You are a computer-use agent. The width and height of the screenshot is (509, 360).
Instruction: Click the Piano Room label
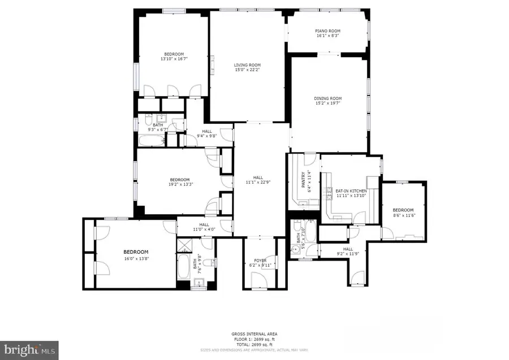coord(327,31)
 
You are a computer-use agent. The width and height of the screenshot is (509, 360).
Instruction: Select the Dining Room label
coord(328,98)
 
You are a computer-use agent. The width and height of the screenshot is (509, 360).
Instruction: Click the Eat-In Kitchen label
coord(351,192)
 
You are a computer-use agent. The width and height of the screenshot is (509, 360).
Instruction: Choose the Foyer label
coord(260,260)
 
